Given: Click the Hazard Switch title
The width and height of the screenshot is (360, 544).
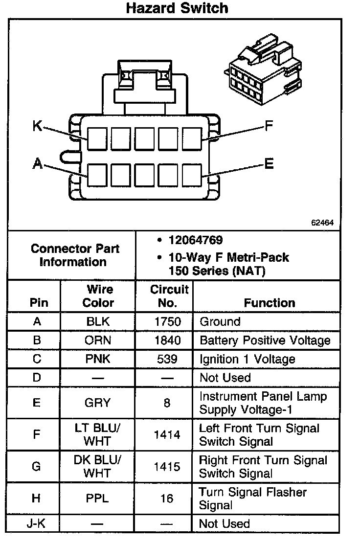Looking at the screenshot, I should click(177, 8).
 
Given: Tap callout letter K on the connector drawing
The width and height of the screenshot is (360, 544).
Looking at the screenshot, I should click(37, 126).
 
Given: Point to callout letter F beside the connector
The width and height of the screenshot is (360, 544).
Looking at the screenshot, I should click(269, 127).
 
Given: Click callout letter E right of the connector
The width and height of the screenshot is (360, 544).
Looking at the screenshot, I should click(269, 164).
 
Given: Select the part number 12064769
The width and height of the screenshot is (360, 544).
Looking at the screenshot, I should click(196, 240).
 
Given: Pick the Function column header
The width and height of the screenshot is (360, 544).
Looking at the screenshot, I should click(270, 303).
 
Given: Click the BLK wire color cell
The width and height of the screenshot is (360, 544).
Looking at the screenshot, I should click(98, 322).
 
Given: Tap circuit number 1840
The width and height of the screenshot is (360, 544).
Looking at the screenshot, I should click(167, 340).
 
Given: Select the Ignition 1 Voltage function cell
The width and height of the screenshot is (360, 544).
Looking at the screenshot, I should click(247, 360).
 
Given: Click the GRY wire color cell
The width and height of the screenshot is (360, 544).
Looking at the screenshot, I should click(98, 403).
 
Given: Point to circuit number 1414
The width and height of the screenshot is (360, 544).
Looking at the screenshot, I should click(167, 435).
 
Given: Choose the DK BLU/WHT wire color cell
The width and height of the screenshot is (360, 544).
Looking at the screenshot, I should click(98, 467).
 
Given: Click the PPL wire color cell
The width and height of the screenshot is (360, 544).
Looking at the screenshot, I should click(98, 499).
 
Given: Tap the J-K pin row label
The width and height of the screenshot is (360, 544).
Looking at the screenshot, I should click(36, 524).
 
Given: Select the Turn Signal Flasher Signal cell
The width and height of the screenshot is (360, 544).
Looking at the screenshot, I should click(252, 499).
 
